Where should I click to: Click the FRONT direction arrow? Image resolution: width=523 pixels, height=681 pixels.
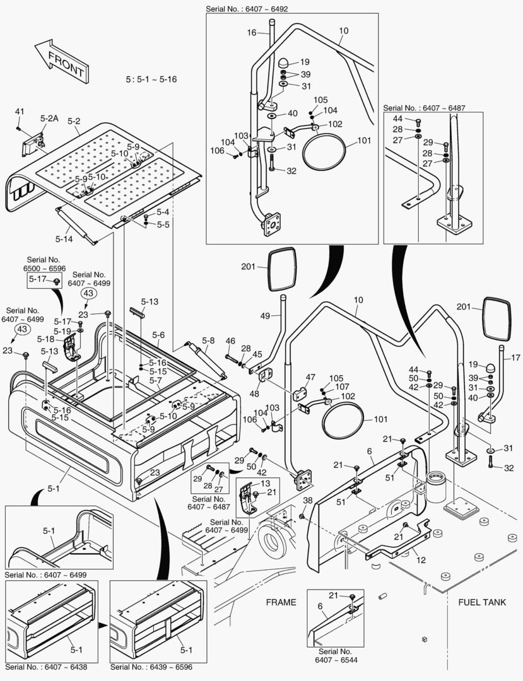(x=61, y=61)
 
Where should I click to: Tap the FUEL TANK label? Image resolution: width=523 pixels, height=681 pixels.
(x=481, y=602)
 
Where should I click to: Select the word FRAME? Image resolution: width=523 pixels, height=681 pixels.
(x=280, y=602)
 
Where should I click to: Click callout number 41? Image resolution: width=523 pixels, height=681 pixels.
(x=20, y=112)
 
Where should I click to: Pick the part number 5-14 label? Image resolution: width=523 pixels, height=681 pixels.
(x=64, y=239)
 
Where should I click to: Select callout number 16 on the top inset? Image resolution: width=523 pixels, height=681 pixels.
(x=252, y=32)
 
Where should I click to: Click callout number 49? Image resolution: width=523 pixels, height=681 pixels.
(x=265, y=315)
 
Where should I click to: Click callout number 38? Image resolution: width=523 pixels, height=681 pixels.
(x=307, y=500)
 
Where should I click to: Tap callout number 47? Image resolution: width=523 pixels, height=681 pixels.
(x=310, y=377)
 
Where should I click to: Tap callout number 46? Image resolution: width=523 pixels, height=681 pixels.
(x=230, y=341)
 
